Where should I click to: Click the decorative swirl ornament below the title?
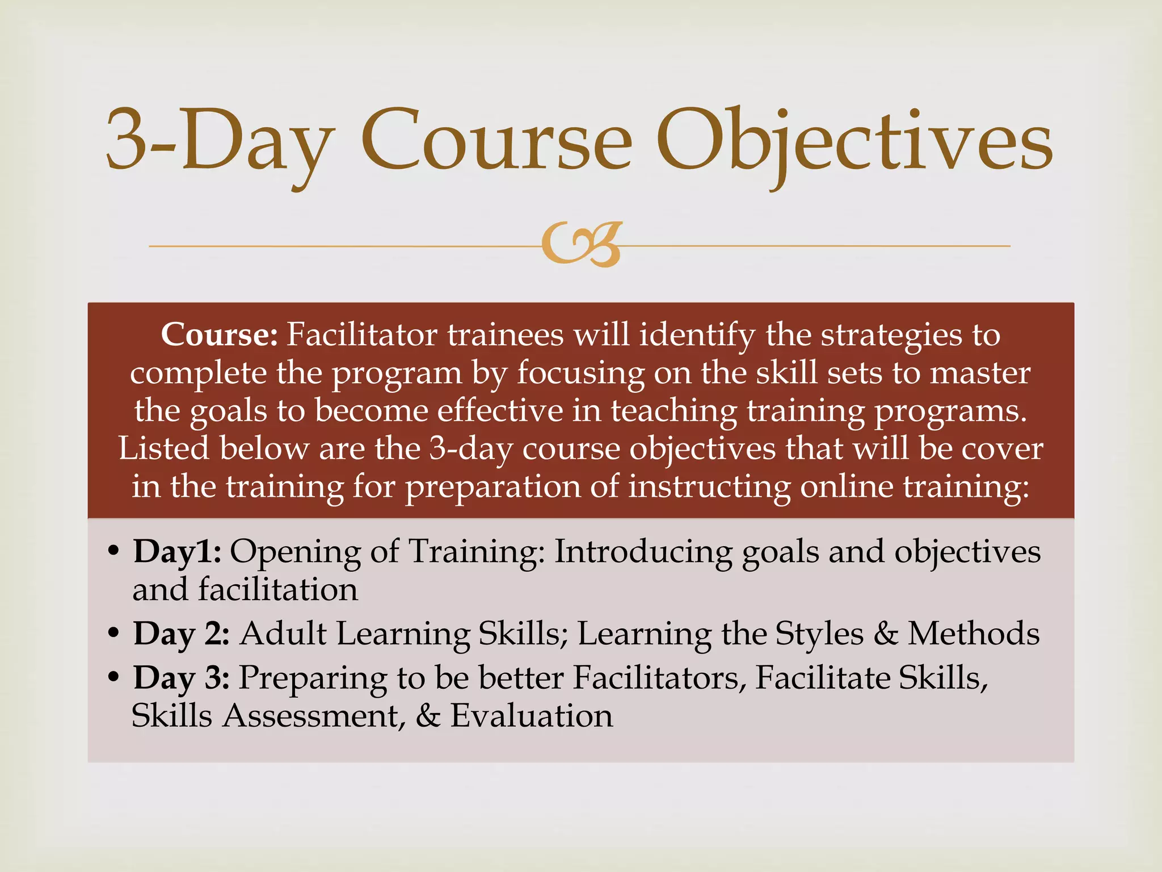click(582, 245)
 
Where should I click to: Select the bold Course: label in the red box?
click(219, 335)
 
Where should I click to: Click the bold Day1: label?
click(177, 551)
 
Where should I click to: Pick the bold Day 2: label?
click(181, 634)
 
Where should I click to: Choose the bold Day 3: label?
click(181, 678)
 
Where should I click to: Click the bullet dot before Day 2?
click(113, 632)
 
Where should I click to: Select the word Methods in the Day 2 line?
click(974, 634)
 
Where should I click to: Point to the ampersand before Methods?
click(885, 634)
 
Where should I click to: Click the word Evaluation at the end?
click(532, 716)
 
